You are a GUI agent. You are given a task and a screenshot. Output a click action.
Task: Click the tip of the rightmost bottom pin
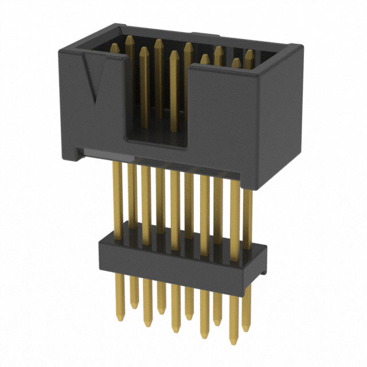pos(247,330)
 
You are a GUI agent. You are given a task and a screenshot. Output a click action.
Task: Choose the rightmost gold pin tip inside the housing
pos(249,53)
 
